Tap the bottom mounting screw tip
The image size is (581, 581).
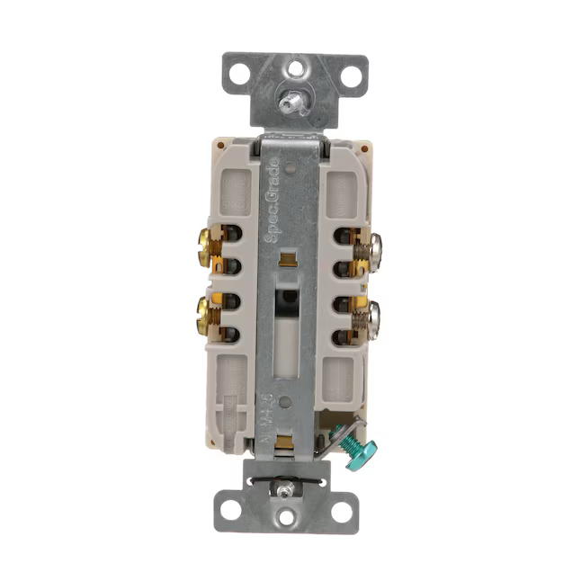tap(285, 489)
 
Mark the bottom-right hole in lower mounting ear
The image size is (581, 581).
tap(342, 511)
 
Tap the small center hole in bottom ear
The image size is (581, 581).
tap(287, 517)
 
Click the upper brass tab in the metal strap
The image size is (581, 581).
tap(288, 261)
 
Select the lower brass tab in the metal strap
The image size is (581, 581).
tap(288, 441)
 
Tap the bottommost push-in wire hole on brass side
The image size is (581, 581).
tap(229, 337)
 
